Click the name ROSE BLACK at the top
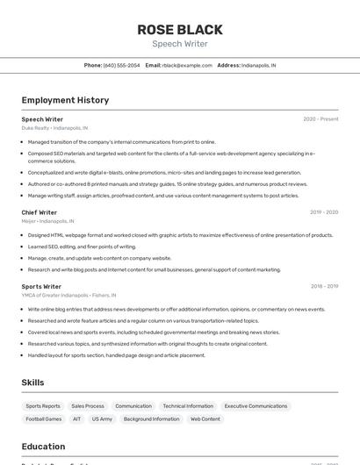tap(180, 30)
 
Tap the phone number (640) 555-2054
tap(121, 66)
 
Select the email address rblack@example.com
tap(187, 66)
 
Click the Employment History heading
tap(65, 101)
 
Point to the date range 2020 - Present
tap(320, 119)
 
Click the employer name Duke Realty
tap(36, 128)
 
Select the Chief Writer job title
tap(40, 212)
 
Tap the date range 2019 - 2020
tap(324, 212)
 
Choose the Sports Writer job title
tap(41, 286)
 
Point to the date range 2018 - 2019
tap(324, 286)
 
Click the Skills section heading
tap(33, 383)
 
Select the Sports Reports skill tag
tap(43, 406)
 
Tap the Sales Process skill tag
tap(88, 406)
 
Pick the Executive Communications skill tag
tap(256, 406)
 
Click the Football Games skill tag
tap(43, 419)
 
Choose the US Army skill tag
tap(102, 419)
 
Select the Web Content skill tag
tap(205, 419)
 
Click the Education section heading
tap(44, 447)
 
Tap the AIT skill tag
tap(76, 419)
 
